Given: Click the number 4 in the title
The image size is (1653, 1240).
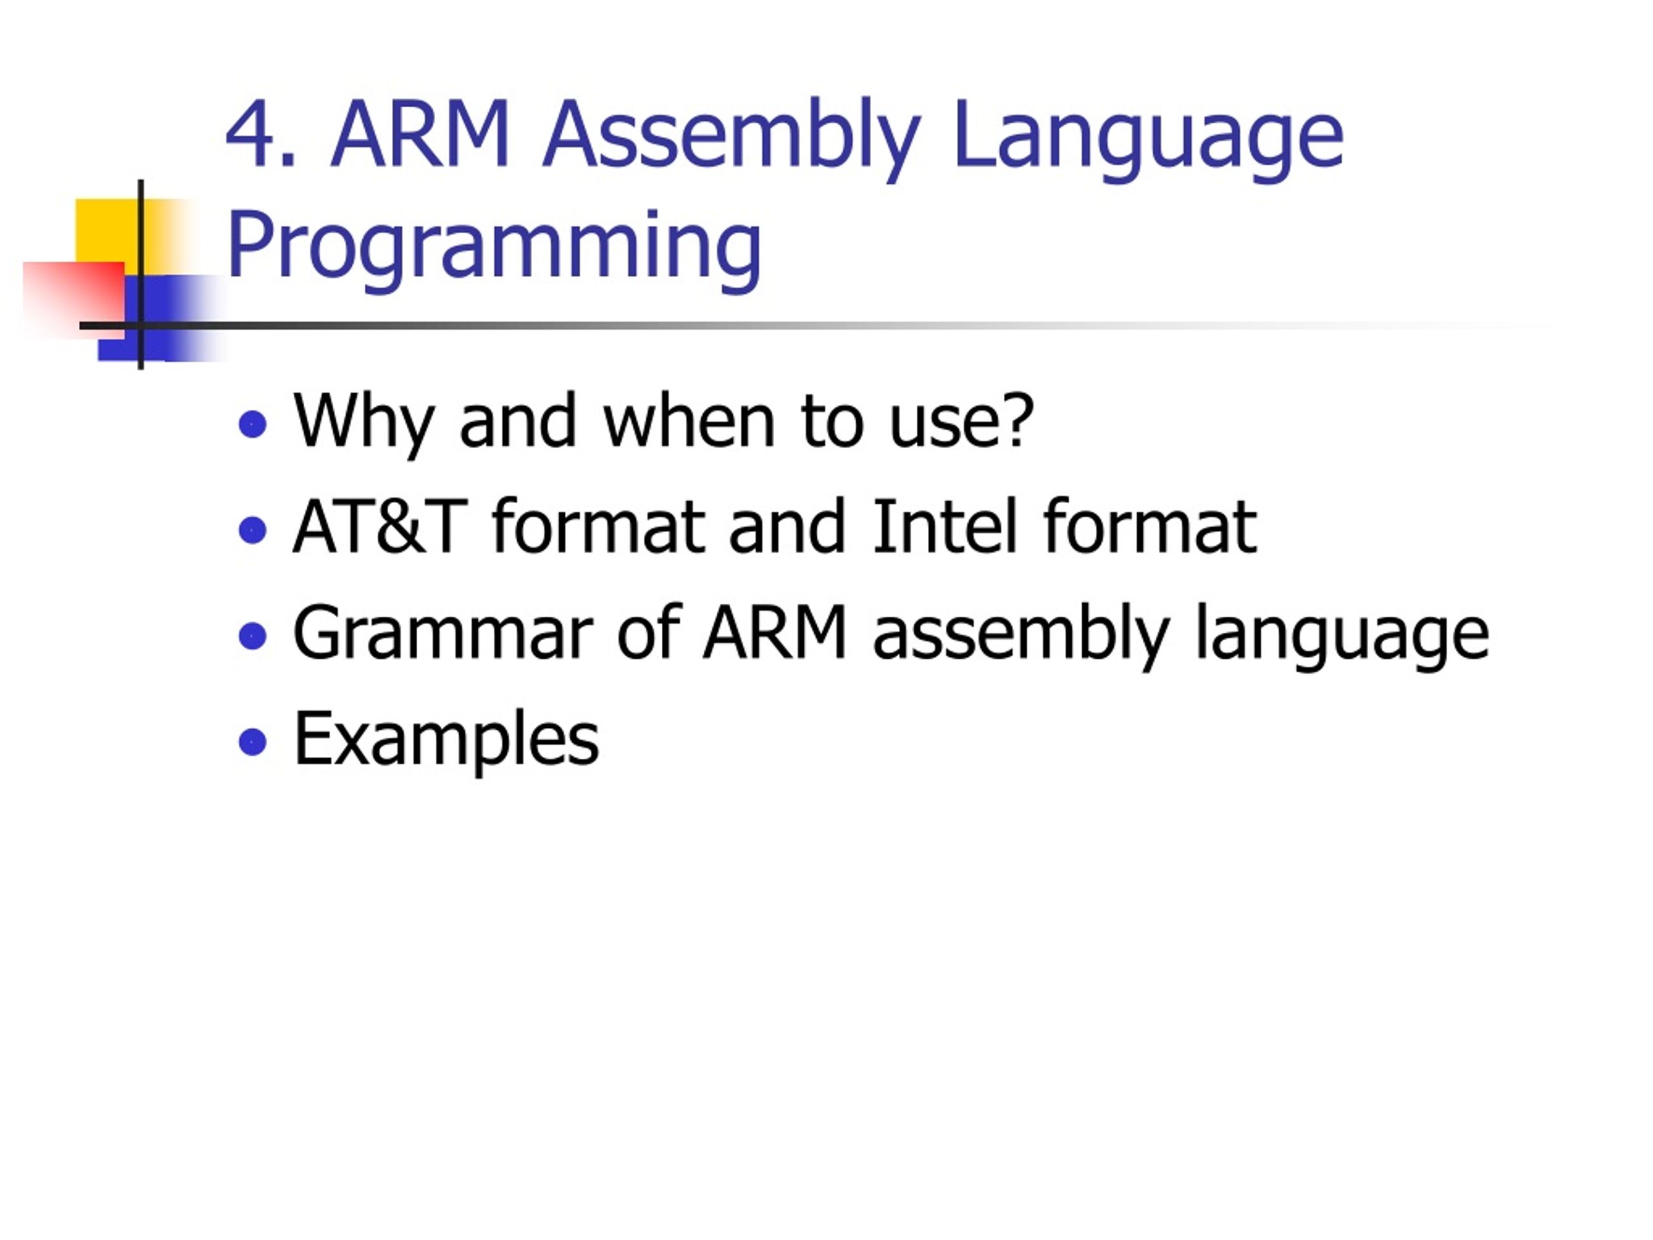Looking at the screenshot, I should coord(251,134).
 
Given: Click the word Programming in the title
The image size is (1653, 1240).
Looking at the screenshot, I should coord(494,247).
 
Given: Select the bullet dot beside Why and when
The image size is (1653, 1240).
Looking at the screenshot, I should coord(252,424).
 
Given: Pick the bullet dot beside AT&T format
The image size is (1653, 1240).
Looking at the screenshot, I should coord(252,531).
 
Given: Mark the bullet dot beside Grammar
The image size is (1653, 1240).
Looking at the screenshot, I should coord(252,637).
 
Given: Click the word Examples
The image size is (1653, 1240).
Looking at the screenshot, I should coord(447,740).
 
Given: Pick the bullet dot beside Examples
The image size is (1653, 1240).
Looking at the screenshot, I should coord(252,742).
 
